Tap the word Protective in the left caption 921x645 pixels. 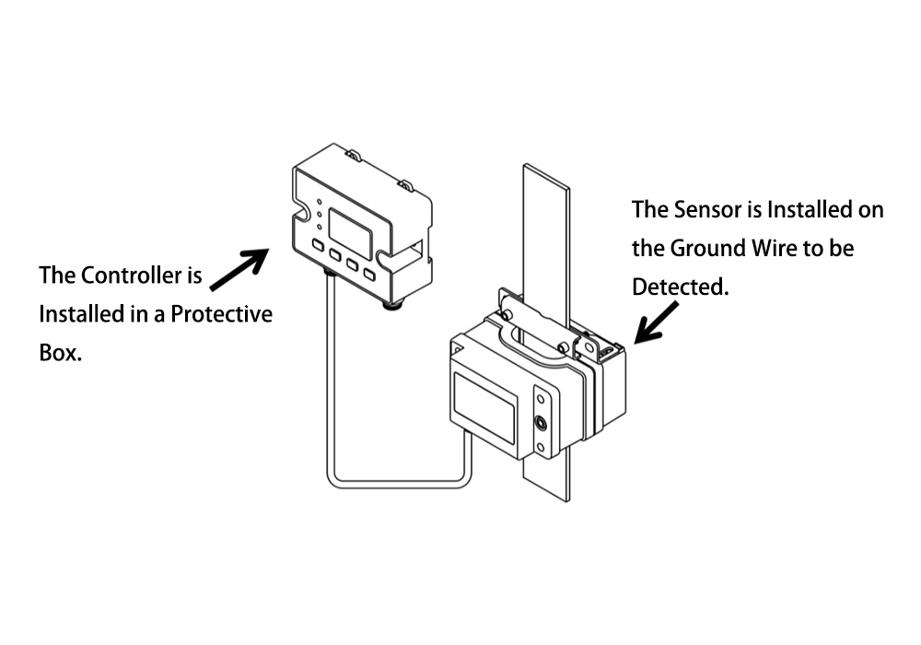[227, 314]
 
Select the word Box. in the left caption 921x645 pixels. [61, 354]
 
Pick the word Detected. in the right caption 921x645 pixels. [680, 287]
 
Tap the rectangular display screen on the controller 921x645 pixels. [349, 230]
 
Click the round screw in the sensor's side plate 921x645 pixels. [541, 424]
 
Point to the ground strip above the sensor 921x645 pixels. [546, 230]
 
